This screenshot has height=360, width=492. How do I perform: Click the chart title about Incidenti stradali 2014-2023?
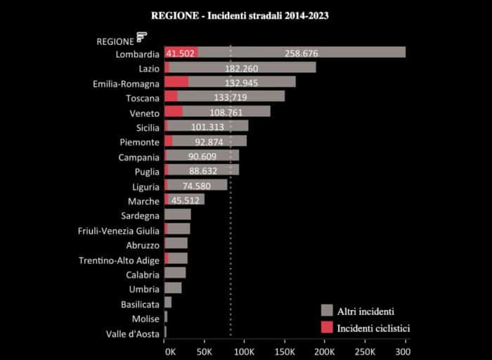(239, 14)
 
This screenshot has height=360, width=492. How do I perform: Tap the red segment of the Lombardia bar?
(181, 53)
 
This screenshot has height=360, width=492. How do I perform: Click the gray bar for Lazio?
(267, 67)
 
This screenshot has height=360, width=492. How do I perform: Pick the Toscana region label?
(143, 98)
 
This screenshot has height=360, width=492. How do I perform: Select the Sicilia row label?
(148, 127)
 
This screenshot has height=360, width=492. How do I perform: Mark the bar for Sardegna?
(177, 214)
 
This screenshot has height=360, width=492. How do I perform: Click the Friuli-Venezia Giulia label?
(119, 230)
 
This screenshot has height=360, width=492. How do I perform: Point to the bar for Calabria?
(175, 273)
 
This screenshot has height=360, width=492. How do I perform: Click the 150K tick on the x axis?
(285, 350)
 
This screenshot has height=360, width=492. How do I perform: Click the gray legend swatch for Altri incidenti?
(326, 310)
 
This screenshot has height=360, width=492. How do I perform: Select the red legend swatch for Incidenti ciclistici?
(326, 328)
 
